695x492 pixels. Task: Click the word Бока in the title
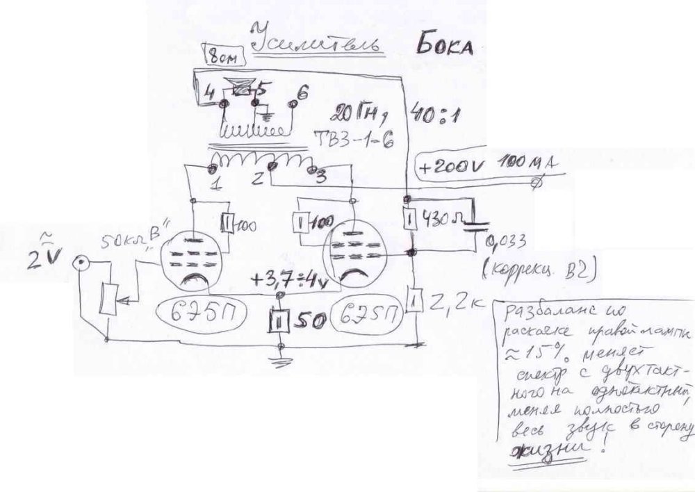click(445, 46)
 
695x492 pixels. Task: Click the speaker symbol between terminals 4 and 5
click(241, 88)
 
